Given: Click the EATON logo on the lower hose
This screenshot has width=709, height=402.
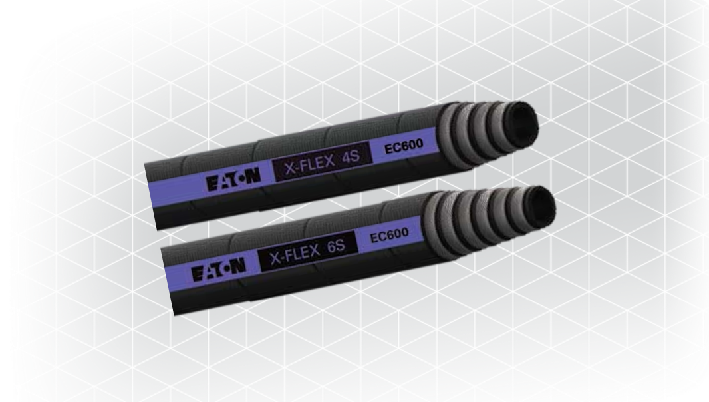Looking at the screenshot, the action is pyautogui.click(x=219, y=269).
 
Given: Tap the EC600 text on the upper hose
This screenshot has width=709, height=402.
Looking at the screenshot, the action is pyautogui.click(x=404, y=146).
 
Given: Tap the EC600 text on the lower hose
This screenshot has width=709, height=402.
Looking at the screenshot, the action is pyautogui.click(x=389, y=235).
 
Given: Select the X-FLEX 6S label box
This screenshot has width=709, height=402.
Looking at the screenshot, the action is pyautogui.click(x=309, y=250).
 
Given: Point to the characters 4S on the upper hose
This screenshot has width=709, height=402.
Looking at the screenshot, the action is pyautogui.click(x=351, y=156).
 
